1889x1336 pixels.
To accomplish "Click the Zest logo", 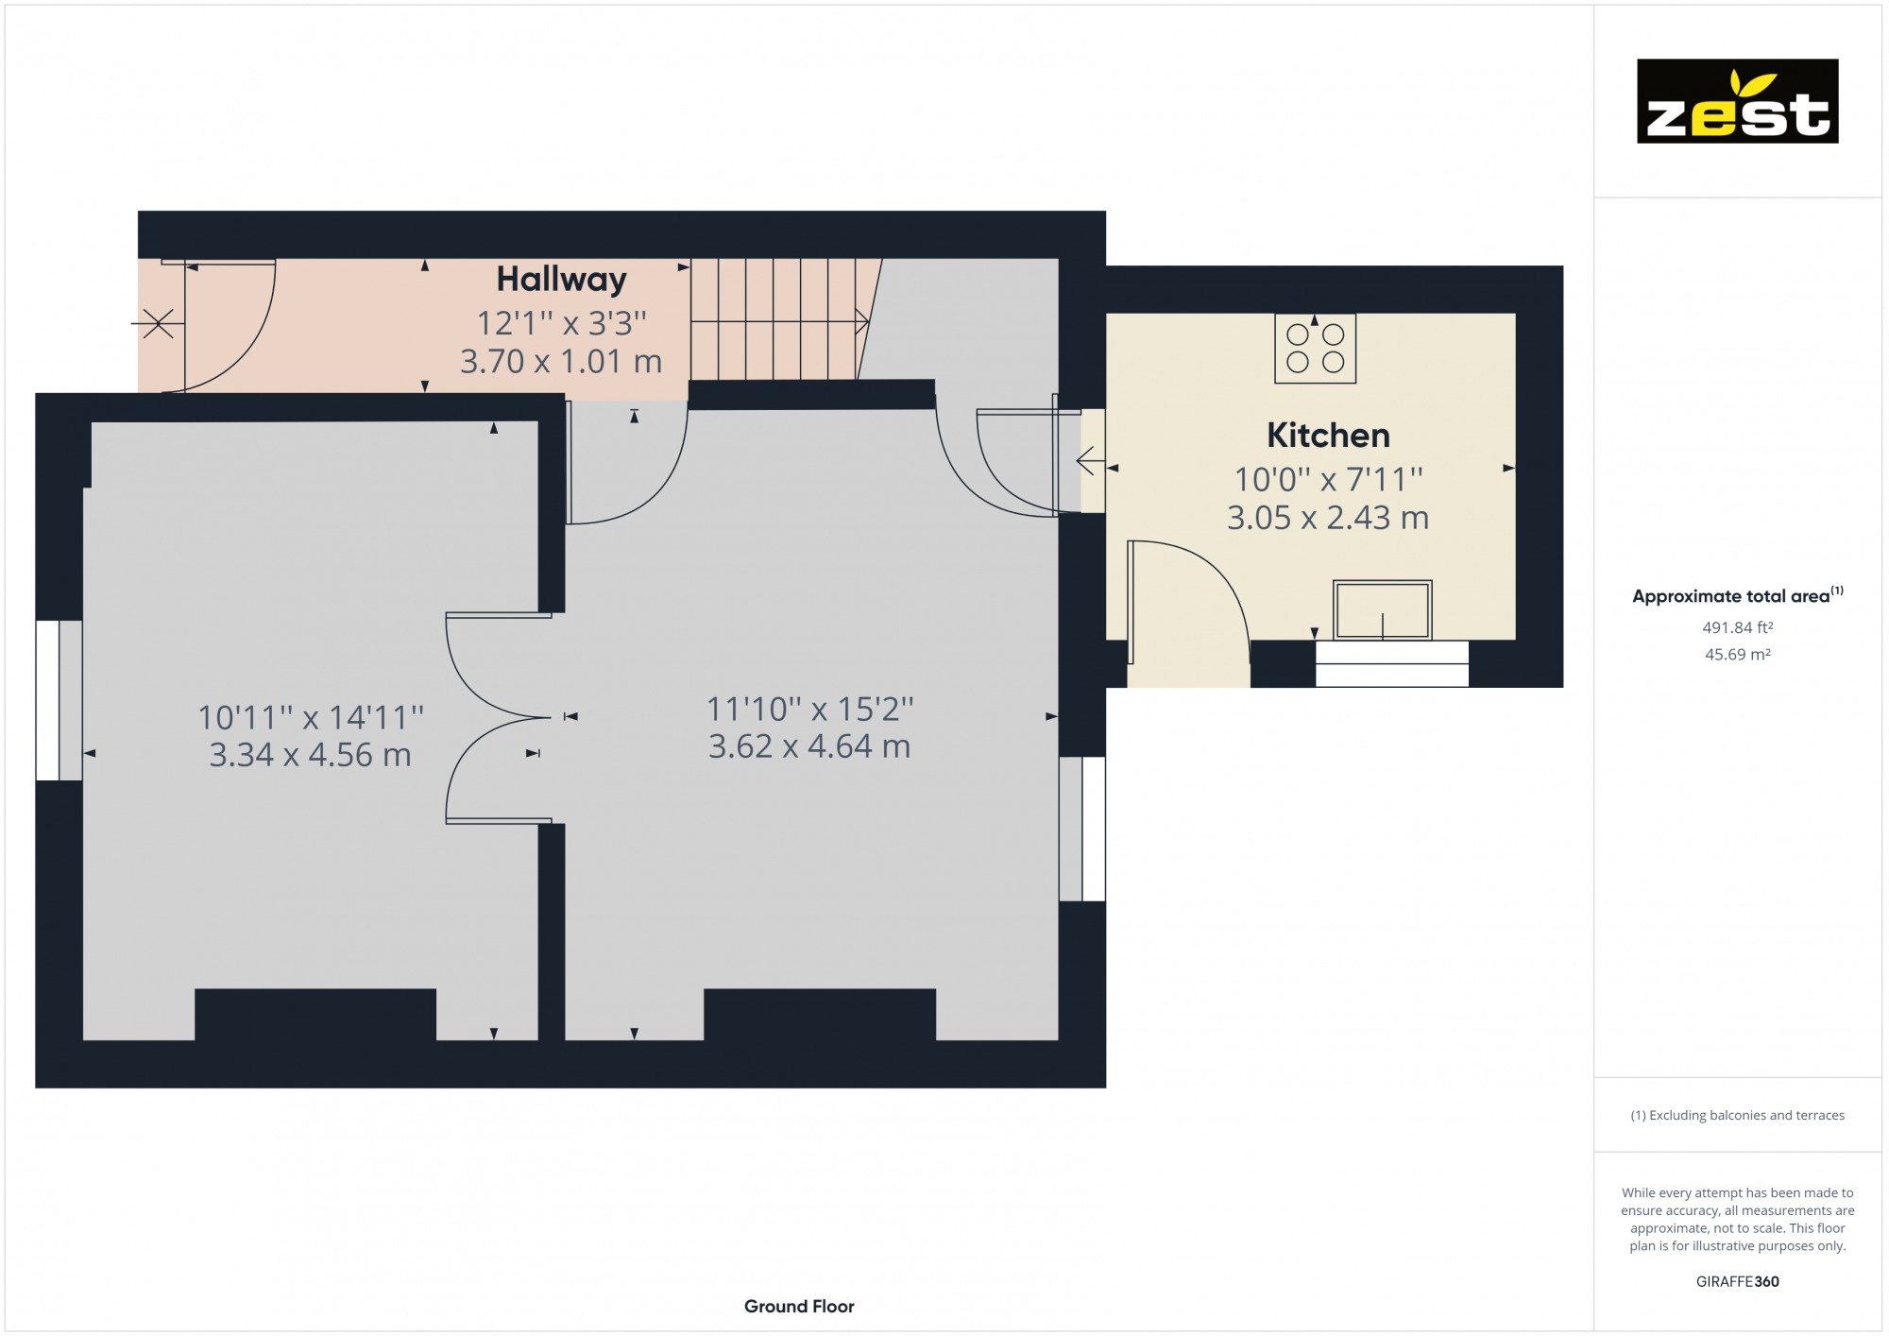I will pyautogui.click(x=1737, y=101).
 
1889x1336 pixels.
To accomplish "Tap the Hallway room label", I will pyautogui.click(x=561, y=280).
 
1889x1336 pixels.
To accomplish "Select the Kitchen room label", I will pyautogui.click(x=1328, y=436).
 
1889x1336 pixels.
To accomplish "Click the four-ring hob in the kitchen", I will pyautogui.click(x=1315, y=349).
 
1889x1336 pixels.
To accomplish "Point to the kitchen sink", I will pyautogui.click(x=1382, y=610).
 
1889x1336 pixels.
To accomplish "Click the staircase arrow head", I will pyautogui.click(x=861, y=322).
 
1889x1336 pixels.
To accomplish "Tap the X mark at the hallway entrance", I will pyautogui.click(x=158, y=323).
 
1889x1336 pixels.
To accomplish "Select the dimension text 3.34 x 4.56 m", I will pyautogui.click(x=310, y=755).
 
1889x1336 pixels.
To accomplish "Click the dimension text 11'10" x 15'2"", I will pyautogui.click(x=809, y=709).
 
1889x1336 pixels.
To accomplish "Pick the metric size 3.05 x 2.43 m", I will pyautogui.click(x=1327, y=518).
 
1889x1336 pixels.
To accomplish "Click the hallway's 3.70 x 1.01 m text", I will pyautogui.click(x=561, y=362).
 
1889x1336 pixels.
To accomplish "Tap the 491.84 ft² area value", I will pyautogui.click(x=1737, y=627).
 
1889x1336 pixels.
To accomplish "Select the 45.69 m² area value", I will pyautogui.click(x=1737, y=654).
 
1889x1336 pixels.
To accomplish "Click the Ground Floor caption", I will pyautogui.click(x=799, y=1306).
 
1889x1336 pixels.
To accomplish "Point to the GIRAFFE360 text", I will pyautogui.click(x=1737, y=1281).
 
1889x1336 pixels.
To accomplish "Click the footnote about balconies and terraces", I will pyautogui.click(x=1737, y=1115).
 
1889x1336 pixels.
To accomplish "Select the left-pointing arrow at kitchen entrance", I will pyautogui.click(x=1090, y=461).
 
